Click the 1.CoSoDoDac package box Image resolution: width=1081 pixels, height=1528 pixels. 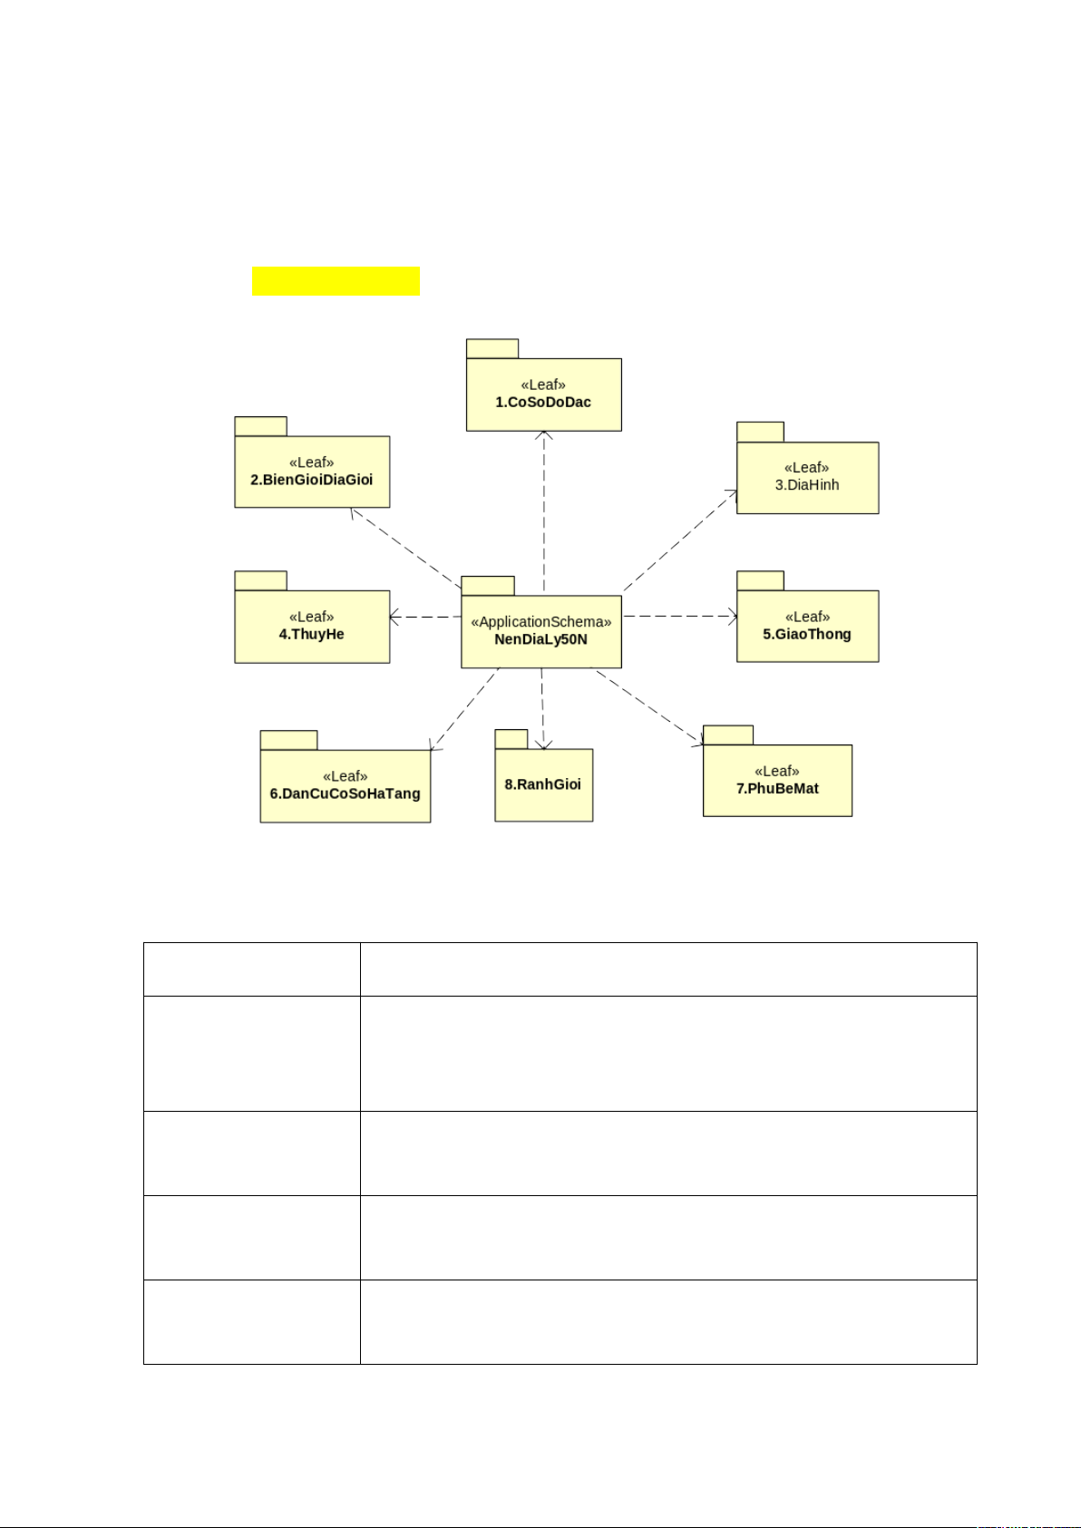(x=543, y=394)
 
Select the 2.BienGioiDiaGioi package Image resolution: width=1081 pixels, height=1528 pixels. (x=312, y=472)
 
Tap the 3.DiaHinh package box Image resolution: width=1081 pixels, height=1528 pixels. (x=807, y=478)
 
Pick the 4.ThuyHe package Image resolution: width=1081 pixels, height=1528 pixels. (x=312, y=627)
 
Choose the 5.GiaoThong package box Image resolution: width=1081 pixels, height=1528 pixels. (x=807, y=627)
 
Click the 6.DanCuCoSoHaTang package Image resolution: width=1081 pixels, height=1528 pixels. (x=345, y=786)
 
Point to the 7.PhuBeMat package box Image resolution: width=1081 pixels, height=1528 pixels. (x=777, y=781)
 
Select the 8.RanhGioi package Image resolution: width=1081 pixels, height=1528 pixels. (x=543, y=785)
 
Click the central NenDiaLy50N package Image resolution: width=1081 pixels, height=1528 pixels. (x=540, y=632)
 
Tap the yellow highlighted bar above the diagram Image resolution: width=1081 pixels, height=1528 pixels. (x=336, y=281)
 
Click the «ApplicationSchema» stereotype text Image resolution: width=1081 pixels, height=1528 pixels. (x=540, y=622)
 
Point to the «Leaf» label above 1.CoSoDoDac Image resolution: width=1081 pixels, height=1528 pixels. (x=543, y=384)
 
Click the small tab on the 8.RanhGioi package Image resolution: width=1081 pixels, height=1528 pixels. (x=511, y=739)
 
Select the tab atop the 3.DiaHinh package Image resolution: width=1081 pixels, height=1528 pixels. (x=760, y=432)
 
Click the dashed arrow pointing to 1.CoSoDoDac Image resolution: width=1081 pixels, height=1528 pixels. (x=544, y=508)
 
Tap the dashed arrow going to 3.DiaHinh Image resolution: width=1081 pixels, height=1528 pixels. (x=680, y=540)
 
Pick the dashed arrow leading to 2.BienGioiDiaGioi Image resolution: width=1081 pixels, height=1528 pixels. (x=405, y=547)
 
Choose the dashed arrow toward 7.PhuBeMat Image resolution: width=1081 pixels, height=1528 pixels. (x=648, y=706)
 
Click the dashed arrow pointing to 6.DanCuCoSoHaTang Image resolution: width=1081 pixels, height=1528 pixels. (x=464, y=709)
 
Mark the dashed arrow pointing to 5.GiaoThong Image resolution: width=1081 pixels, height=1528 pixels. (x=680, y=617)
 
